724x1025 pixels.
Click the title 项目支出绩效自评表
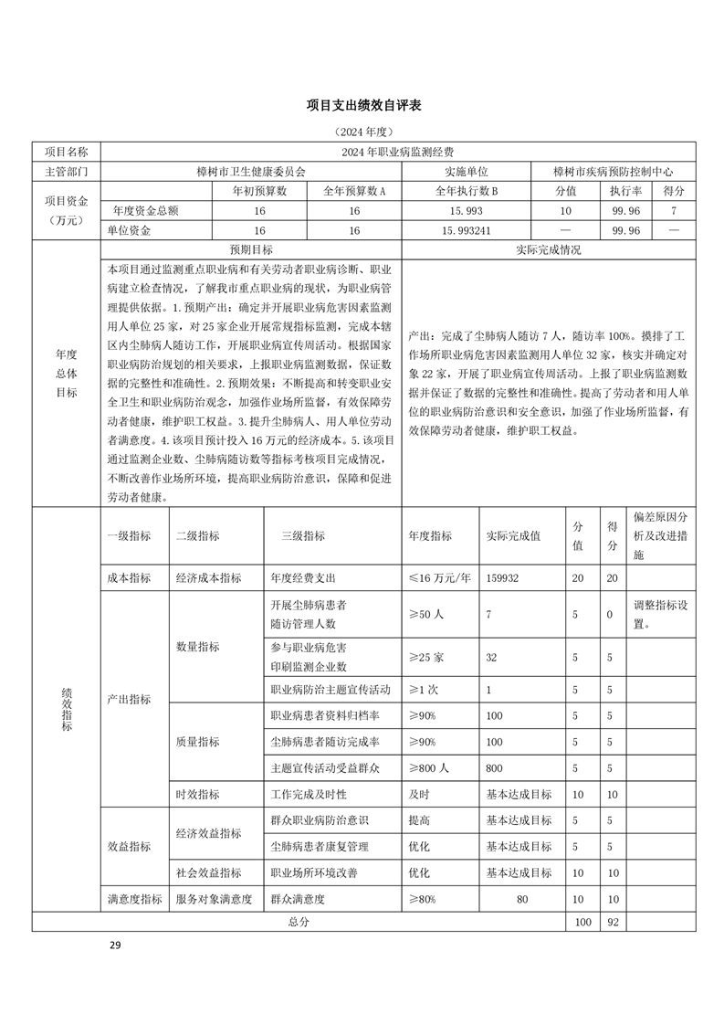362,107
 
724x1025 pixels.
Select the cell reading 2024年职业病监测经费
398,152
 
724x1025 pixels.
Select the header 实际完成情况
548,249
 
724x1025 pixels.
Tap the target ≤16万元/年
439,577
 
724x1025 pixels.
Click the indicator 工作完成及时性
310,795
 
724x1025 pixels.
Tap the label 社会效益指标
208,872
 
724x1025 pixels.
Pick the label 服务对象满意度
214,899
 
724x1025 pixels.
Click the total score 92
613,922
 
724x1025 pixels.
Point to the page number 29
115,945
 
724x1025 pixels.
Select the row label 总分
299,922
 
